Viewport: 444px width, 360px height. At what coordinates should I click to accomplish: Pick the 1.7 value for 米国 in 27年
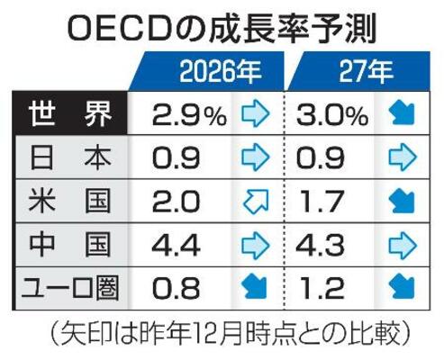click(x=324, y=202)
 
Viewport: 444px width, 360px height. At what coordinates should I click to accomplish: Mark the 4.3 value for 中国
click(x=324, y=245)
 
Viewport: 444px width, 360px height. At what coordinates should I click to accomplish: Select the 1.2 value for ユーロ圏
click(x=324, y=287)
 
